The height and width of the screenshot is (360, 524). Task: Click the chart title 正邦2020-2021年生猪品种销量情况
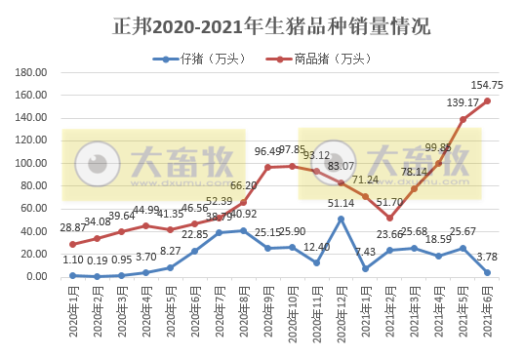pos(262,23)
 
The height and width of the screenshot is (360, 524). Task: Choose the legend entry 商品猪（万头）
pos(321,60)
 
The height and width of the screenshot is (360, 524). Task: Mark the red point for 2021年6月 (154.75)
pos(487,101)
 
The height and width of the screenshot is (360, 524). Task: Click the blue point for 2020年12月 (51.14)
pos(341,219)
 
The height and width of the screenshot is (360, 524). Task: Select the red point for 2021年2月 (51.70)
pos(389,218)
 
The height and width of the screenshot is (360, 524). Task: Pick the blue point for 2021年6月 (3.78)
pos(487,272)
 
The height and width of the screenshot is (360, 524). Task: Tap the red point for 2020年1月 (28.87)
pos(72,244)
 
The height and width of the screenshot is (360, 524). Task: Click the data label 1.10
pos(72,260)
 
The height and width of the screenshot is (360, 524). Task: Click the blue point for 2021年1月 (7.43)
pos(365,268)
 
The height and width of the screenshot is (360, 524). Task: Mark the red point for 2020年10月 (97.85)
pos(292,166)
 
